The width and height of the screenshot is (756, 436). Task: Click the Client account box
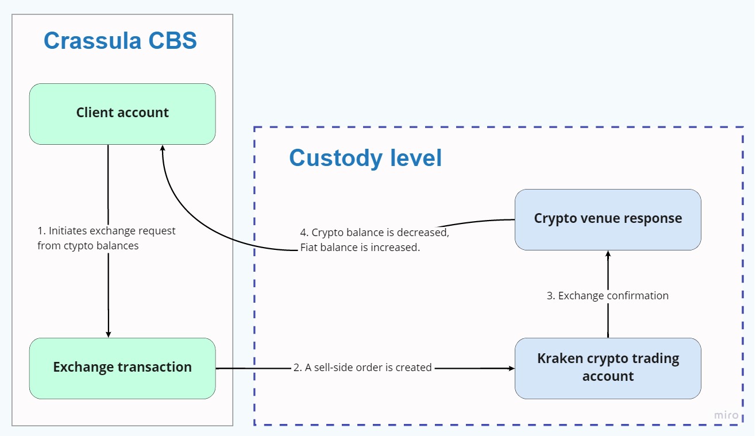[x=122, y=113]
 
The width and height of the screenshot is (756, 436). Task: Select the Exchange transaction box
[x=122, y=368]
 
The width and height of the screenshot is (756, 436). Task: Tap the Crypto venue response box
[x=608, y=219]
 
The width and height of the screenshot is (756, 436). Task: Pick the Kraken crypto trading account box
[x=608, y=368]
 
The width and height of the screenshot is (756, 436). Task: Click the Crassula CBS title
[x=120, y=41]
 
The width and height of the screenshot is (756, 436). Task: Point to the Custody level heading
[x=365, y=158]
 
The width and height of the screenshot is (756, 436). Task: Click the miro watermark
[x=726, y=415]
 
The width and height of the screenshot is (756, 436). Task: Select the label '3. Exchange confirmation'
[x=608, y=296]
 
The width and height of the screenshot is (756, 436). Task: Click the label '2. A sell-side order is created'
[x=362, y=368]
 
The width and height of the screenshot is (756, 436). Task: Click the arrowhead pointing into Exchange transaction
[x=108, y=334]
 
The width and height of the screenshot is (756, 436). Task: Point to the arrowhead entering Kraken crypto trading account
[x=511, y=368]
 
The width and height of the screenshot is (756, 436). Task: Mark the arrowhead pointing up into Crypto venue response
[x=608, y=253]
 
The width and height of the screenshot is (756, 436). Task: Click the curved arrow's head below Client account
[x=163, y=148]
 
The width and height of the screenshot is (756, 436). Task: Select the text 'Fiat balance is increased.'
[x=360, y=248]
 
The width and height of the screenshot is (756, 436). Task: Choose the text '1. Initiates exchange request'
[x=107, y=231]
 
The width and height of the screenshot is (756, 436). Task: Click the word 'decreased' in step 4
[x=424, y=233]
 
